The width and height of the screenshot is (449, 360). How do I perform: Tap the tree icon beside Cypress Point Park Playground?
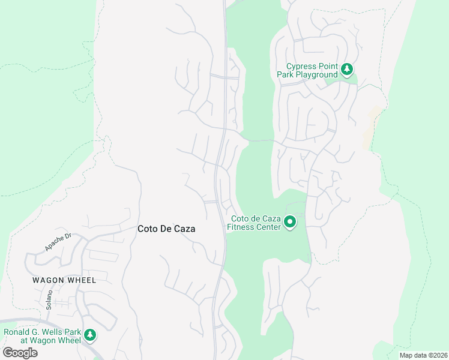pyautogui.click(x=347, y=70)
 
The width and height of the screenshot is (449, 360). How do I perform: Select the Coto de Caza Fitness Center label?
pyautogui.click(x=255, y=223)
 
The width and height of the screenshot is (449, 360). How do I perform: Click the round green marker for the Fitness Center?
pyautogui.click(x=290, y=223)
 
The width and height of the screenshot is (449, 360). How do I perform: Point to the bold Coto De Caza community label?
pyautogui.click(x=166, y=229)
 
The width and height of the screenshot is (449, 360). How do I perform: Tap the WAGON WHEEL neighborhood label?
pyautogui.click(x=64, y=280)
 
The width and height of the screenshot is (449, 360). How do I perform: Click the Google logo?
pyautogui.click(x=20, y=352)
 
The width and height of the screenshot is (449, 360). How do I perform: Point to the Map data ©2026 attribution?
pyautogui.click(x=423, y=355)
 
